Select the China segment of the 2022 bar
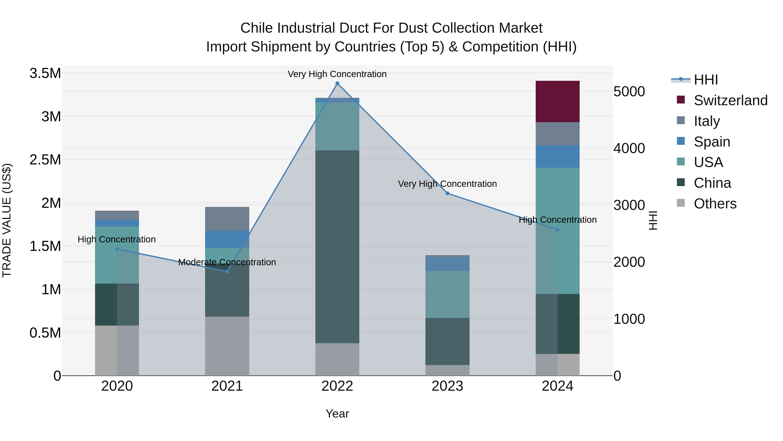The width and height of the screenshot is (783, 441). click(x=337, y=247)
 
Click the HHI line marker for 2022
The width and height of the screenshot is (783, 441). click(x=337, y=83)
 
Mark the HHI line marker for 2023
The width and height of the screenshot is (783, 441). click(x=447, y=193)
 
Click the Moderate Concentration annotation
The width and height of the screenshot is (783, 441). click(x=227, y=262)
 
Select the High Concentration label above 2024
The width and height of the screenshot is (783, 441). click(x=557, y=220)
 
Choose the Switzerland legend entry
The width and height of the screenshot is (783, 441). click(x=730, y=100)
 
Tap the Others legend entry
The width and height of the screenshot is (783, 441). click(x=715, y=204)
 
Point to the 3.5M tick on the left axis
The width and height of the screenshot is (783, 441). click(x=45, y=73)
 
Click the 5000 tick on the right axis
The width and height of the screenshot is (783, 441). click(x=629, y=92)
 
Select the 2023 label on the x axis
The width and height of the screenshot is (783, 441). click(x=447, y=386)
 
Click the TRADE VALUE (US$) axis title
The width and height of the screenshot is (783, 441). click(x=7, y=220)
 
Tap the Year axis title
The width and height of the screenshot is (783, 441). click(x=337, y=414)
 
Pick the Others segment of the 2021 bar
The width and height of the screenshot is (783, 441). click(x=227, y=346)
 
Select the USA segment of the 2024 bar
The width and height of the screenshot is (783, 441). click(x=557, y=230)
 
